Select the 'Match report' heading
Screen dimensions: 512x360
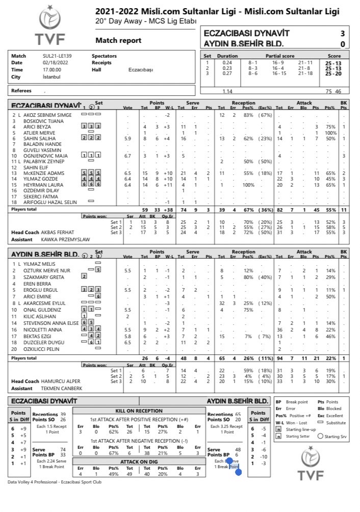(118, 40)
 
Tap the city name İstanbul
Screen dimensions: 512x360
(52, 76)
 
